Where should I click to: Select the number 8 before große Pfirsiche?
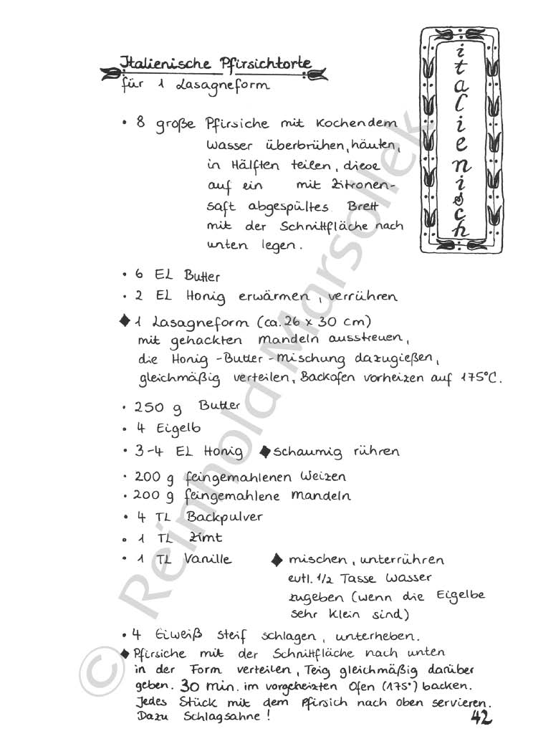[141, 123]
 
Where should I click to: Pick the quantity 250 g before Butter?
[157, 407]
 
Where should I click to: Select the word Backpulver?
[224, 517]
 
